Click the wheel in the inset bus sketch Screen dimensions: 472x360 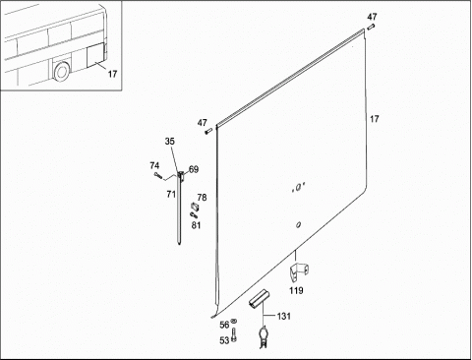(x=61, y=71)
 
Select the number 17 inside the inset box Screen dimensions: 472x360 (x=112, y=74)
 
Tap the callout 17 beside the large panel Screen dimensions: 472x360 (x=375, y=119)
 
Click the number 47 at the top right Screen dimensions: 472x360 (x=372, y=17)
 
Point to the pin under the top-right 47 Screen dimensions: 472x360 (x=371, y=27)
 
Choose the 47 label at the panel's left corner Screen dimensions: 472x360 (x=203, y=123)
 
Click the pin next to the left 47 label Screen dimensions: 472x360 (x=208, y=132)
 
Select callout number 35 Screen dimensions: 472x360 (x=170, y=142)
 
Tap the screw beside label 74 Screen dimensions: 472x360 (x=157, y=175)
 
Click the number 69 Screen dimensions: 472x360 (x=194, y=169)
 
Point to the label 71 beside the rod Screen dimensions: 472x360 (x=171, y=195)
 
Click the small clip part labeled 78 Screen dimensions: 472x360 (x=195, y=208)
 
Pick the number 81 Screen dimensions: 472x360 (x=196, y=225)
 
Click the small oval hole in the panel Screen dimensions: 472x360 (x=298, y=225)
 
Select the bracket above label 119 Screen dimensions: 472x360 (x=299, y=271)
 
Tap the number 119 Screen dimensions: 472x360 (x=296, y=290)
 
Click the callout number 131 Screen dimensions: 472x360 (x=284, y=317)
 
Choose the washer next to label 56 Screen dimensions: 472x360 (x=234, y=321)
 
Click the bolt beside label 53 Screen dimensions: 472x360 (x=234, y=334)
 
